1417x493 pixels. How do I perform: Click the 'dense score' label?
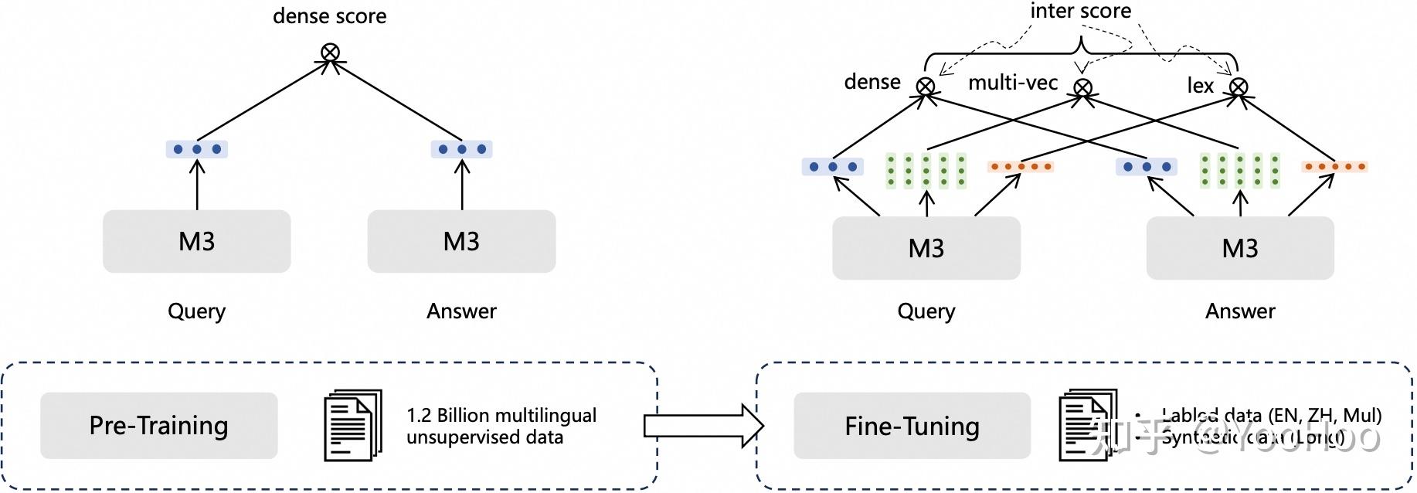pos(330,16)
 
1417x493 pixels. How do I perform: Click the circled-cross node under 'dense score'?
pos(330,53)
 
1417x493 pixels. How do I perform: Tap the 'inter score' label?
pos(1080,11)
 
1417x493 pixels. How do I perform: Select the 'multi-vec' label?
pos(1013,83)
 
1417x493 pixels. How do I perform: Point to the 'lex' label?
pos(1200,86)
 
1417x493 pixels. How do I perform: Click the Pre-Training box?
pos(158,425)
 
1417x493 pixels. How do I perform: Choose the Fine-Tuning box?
pos(912,426)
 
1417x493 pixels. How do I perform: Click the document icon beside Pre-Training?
pos(353,425)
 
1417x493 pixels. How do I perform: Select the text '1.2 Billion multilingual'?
pos(501,415)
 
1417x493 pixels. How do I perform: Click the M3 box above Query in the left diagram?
pos(197,241)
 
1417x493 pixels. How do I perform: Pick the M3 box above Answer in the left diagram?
pos(461,241)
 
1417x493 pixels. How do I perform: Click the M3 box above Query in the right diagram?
pos(926,248)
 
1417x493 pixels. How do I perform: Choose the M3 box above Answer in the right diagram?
pos(1239,248)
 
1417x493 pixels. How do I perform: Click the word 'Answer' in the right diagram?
pos(1239,311)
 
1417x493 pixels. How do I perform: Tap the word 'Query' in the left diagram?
pos(197,311)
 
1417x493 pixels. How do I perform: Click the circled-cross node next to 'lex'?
pos(1239,87)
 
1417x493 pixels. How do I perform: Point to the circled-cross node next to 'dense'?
pos(926,87)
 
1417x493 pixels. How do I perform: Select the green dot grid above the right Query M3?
pos(926,171)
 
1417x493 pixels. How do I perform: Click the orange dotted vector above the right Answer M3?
pos(1334,166)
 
